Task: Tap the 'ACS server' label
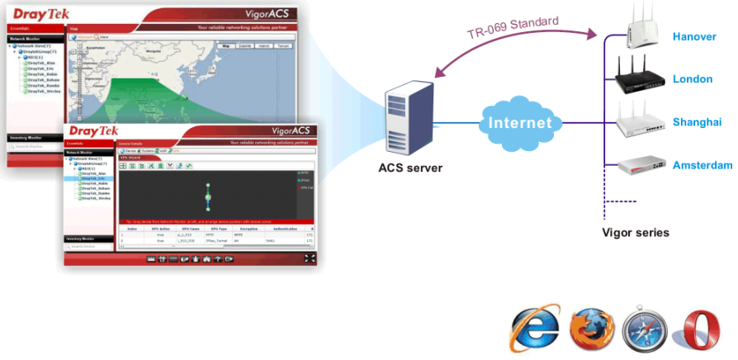[x=410, y=168]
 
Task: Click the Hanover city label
[x=694, y=37]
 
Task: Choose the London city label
[x=692, y=79]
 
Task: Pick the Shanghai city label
[x=697, y=122]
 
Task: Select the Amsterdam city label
[x=702, y=165]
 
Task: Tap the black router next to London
[x=641, y=77]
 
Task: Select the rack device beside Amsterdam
[x=641, y=166]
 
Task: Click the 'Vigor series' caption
[x=636, y=233]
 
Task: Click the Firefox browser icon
[x=588, y=329]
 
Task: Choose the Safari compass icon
[x=641, y=329]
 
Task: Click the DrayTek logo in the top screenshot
[x=34, y=13]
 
